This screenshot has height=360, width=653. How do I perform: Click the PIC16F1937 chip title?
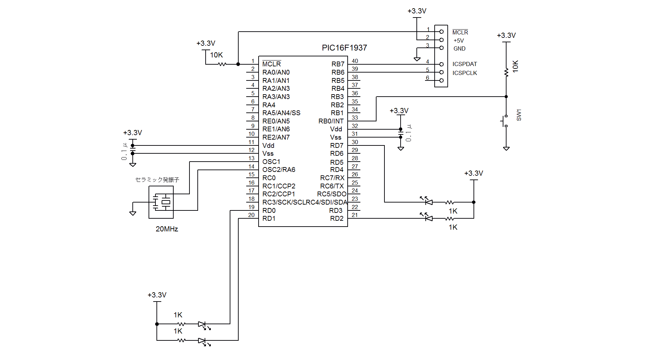pyautogui.click(x=344, y=48)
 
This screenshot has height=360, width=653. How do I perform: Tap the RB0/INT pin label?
pyautogui.click(x=331, y=121)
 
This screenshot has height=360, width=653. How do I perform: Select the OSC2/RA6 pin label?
pyautogui.click(x=279, y=170)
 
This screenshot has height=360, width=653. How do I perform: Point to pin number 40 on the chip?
pyautogui.click(x=355, y=61)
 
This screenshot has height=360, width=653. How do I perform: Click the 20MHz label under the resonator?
pyautogui.click(x=167, y=229)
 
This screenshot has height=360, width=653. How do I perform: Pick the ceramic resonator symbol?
pyautogui.click(x=161, y=202)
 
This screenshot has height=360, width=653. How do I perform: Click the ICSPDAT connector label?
pyautogui.click(x=465, y=64)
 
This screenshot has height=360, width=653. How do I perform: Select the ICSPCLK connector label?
pyautogui.click(x=465, y=73)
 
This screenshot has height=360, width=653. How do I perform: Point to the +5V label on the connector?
pyautogui.click(x=459, y=41)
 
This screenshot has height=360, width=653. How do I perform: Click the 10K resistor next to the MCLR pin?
pyautogui.click(x=222, y=64)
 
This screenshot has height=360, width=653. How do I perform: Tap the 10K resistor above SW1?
pyautogui.click(x=506, y=72)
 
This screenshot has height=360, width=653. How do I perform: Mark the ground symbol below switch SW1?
pyautogui.click(x=506, y=149)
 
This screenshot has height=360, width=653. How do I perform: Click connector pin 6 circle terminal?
pyautogui.click(x=442, y=80)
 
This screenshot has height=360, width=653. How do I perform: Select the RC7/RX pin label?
pyautogui.click(x=332, y=178)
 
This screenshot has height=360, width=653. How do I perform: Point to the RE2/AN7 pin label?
pyautogui.click(x=276, y=137)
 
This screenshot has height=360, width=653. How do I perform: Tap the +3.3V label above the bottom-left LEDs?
pyautogui.click(x=157, y=295)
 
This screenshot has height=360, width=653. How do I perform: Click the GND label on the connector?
pyautogui.click(x=459, y=48)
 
